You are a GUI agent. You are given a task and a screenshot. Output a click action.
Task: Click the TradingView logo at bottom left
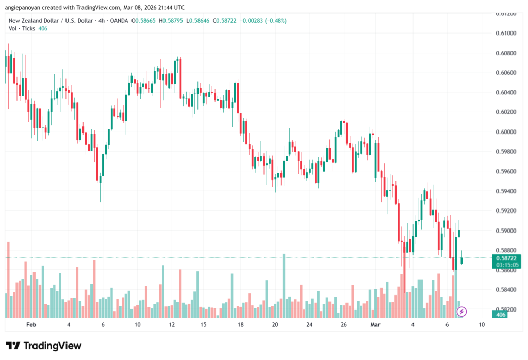(x=43, y=346)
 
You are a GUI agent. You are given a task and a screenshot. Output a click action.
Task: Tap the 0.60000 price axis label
(x=506, y=132)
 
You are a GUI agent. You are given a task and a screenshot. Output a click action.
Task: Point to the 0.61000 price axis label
(x=506, y=33)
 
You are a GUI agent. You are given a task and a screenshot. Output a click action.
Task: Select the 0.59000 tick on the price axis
(x=506, y=231)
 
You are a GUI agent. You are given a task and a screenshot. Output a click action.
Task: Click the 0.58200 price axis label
(x=506, y=309)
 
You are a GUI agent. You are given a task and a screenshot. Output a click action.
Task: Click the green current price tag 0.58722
(x=506, y=257)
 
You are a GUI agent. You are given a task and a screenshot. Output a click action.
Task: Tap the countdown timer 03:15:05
(x=506, y=265)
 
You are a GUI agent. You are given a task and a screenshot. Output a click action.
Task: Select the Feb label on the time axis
(x=31, y=325)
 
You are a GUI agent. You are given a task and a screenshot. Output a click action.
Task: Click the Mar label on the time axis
(x=375, y=325)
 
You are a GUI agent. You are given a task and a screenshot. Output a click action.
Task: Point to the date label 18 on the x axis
(x=240, y=325)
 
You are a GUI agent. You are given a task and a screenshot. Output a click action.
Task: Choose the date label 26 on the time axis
(x=343, y=325)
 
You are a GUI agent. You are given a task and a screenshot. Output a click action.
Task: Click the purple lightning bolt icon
(x=462, y=312)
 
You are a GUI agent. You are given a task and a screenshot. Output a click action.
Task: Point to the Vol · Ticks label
(x=22, y=29)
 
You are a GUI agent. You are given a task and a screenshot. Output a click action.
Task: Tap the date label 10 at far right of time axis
(x=481, y=325)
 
